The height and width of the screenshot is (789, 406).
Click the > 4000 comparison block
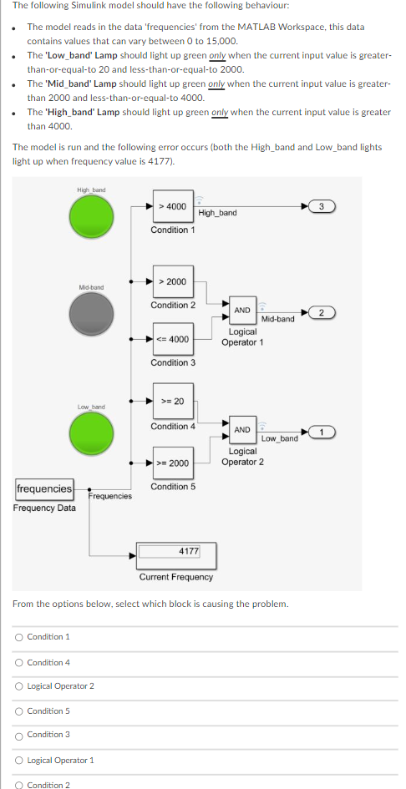click(x=173, y=206)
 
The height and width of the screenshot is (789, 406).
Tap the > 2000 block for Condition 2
click(x=173, y=282)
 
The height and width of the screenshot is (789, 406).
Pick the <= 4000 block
click(x=173, y=340)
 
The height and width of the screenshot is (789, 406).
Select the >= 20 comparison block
click(x=173, y=402)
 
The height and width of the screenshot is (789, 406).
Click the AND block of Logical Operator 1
click(x=242, y=310)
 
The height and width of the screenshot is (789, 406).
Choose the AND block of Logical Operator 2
click(x=242, y=430)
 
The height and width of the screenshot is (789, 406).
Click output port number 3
click(x=322, y=205)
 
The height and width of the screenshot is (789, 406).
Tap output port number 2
click(x=322, y=312)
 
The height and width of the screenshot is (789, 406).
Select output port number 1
click(x=322, y=432)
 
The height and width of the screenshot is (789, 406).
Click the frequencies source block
click(x=44, y=488)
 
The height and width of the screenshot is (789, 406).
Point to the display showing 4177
click(x=176, y=552)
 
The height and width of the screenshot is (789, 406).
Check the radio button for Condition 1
click(x=18, y=637)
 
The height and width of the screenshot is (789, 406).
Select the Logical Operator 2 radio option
click(x=18, y=686)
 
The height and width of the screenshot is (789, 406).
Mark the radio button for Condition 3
click(x=18, y=735)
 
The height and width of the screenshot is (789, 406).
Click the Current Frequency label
click(x=175, y=577)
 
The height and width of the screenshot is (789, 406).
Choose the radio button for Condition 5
click(x=18, y=711)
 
